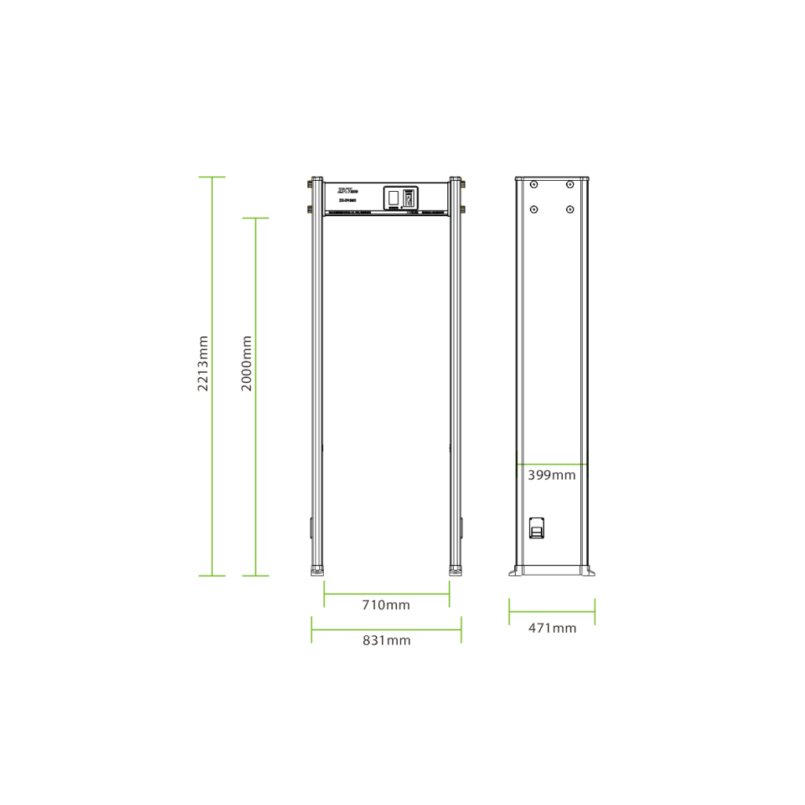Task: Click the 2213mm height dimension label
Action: pos(204,364)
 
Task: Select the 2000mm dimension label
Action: pos(247,364)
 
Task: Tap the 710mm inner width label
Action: pos(385,605)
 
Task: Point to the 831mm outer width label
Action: pos(386,640)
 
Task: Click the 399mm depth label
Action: pos(551,475)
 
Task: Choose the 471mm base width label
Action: pos(552,627)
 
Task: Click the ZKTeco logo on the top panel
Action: pos(347,190)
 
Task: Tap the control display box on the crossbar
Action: pos(399,198)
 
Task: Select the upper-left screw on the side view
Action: pos(534,185)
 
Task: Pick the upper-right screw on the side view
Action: pos(569,185)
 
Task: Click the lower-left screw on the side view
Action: pos(534,209)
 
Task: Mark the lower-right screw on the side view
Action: pos(569,209)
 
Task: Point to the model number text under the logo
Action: pos(347,200)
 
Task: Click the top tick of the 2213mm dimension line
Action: pos(211,177)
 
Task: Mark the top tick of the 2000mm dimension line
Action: pos(255,218)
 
